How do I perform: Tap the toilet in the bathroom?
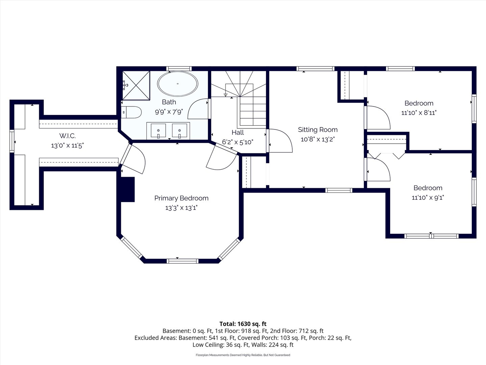(131, 112)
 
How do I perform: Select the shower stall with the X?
(136, 86)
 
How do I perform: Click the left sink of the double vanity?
(158, 131)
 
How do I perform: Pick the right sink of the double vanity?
(179, 131)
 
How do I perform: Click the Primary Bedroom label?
(181, 198)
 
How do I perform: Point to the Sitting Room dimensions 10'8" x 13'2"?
(318, 139)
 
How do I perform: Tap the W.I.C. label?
(67, 136)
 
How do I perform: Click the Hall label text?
(238, 132)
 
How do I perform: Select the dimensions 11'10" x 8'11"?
(419, 113)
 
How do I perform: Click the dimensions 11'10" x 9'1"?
(428, 197)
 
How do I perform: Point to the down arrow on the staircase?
(226, 90)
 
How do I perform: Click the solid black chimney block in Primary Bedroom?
(128, 190)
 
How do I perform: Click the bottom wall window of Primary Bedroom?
(183, 261)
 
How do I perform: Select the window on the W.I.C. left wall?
(12, 141)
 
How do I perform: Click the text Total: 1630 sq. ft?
(243, 324)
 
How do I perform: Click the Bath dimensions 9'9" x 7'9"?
(169, 112)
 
